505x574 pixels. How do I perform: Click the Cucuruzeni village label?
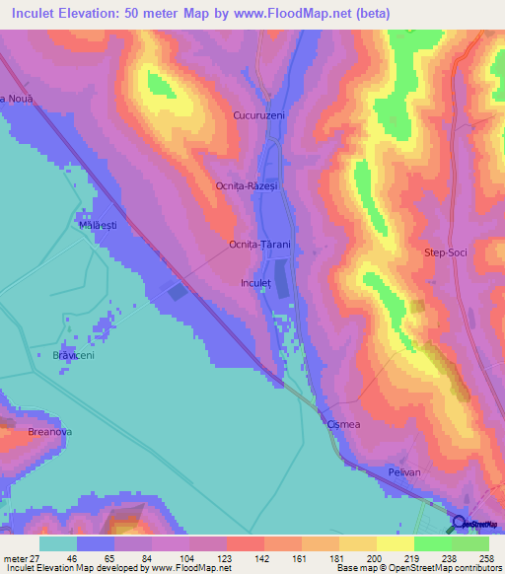pyautogui.click(x=259, y=115)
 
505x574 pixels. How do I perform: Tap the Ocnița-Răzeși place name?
pyautogui.click(x=249, y=184)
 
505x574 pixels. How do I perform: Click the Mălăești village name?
pyautogui.click(x=98, y=225)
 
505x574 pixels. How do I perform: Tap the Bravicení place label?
pyautogui.click(x=73, y=355)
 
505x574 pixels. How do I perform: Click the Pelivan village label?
pyautogui.click(x=401, y=472)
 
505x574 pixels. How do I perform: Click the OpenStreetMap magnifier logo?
pyautogui.click(x=459, y=524)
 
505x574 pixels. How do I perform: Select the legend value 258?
pyautogui.click(x=487, y=557)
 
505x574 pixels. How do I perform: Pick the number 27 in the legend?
pyautogui.click(x=37, y=557)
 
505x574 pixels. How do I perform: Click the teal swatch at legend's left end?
pyautogui.click(x=59, y=543)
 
